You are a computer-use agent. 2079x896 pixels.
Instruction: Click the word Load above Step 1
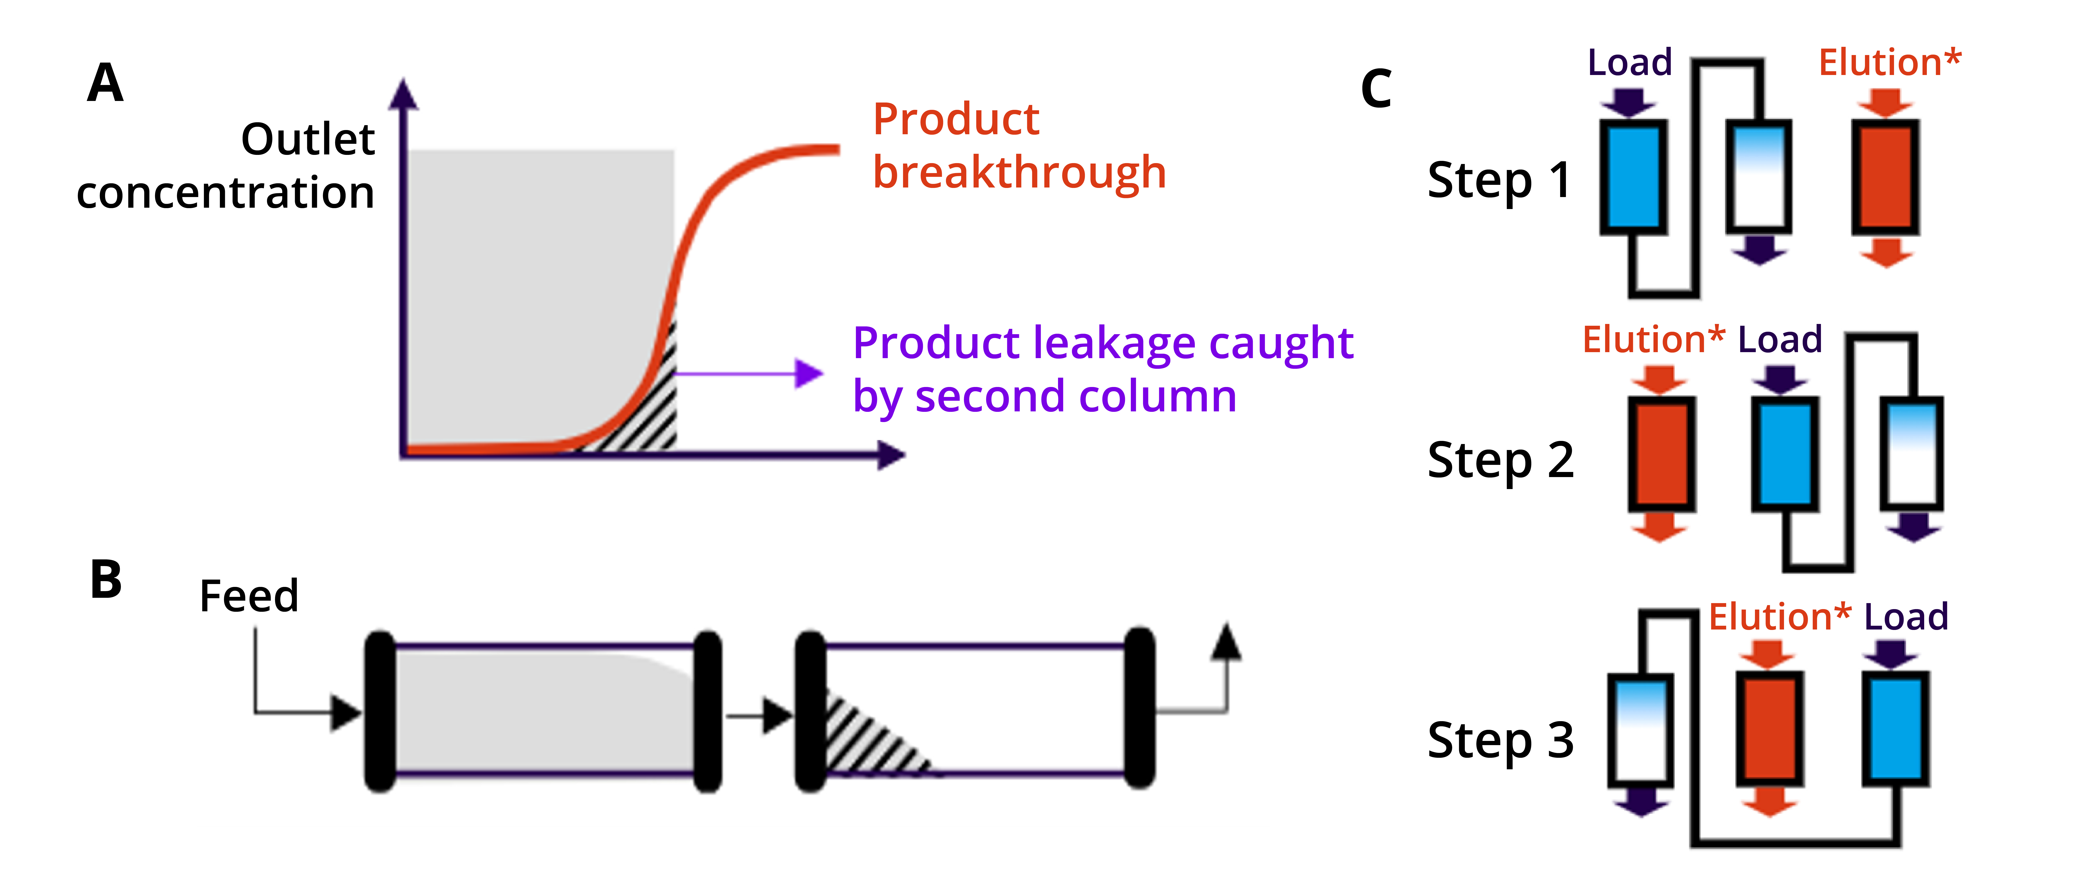pyautogui.click(x=1629, y=62)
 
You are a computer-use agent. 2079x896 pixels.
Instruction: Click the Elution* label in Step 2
pyautogui.click(x=1654, y=339)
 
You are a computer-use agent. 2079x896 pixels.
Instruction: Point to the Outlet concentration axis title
pyautogui.click(x=226, y=166)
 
